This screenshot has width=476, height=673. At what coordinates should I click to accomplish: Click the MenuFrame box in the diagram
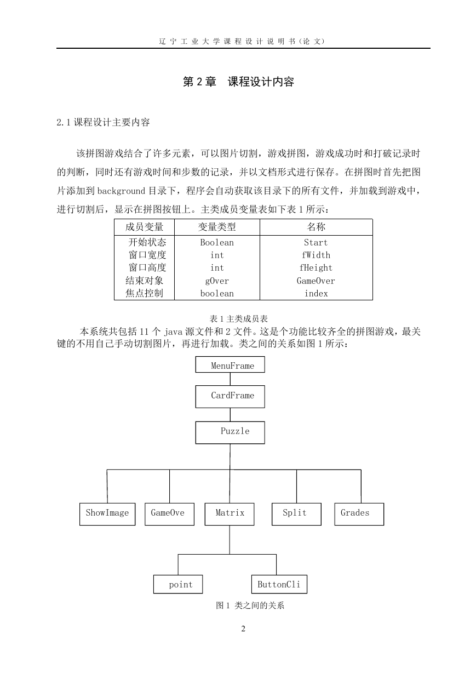pos(230,364)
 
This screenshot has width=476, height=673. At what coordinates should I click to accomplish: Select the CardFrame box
pos(230,397)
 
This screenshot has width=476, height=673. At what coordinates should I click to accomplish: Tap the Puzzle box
pos(230,432)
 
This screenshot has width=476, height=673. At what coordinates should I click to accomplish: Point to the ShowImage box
pos(107,514)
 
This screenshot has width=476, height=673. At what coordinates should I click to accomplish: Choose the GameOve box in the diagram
pos(169,514)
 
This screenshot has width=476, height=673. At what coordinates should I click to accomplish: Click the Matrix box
pos(230,514)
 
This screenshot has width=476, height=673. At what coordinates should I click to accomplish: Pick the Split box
pos(296,514)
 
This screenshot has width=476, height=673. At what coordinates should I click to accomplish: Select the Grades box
pos(359,514)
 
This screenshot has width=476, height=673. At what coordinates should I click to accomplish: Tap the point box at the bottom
pos(178,584)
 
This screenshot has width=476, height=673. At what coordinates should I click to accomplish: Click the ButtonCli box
pos(279,584)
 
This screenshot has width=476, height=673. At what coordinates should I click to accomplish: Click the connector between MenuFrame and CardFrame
pos(231,379)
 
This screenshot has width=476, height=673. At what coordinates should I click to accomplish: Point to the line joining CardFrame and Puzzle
pos(231,415)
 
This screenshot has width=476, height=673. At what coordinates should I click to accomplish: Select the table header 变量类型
pos(217,227)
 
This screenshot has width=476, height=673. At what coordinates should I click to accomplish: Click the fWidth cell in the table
pos(316,255)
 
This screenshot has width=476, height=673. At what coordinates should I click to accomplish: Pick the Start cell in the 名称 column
pos(316,242)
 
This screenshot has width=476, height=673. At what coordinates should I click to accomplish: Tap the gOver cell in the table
pos(217,281)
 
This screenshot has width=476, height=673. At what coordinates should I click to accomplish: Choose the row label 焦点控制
pos(144,293)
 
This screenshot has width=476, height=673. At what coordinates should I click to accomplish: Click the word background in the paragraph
pos(121,191)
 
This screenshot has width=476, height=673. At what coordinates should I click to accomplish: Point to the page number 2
pos(243,629)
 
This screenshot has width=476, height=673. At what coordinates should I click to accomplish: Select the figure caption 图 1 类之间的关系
pos(250,605)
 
